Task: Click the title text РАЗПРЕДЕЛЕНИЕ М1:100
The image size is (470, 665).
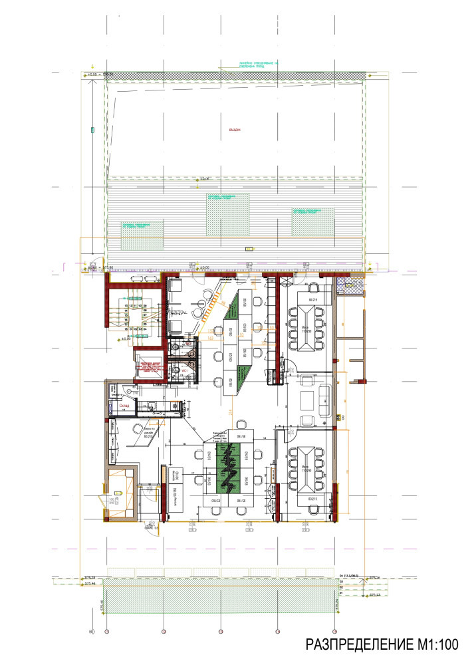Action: [382, 644]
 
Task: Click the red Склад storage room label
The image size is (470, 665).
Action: [124, 405]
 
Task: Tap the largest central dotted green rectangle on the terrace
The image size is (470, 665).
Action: [228, 214]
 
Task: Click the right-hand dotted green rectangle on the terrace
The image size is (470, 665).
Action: [312, 220]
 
